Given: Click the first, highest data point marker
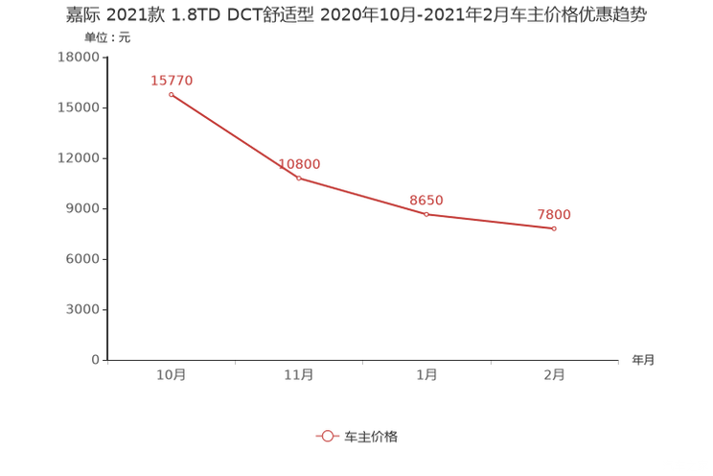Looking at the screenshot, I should click(x=171, y=94).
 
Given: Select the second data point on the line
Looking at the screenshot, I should click(x=299, y=178).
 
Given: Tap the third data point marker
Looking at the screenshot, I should click(x=426, y=214).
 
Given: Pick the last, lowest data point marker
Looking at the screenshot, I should click(x=555, y=227).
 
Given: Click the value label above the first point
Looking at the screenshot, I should click(x=172, y=80).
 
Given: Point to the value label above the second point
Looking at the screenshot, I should click(x=300, y=164).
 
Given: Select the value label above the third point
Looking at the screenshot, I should click(x=426, y=200).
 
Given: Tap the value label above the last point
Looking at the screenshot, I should click(x=554, y=213).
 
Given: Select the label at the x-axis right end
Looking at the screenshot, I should click(x=643, y=361).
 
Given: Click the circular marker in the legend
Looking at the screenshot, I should click(x=328, y=436).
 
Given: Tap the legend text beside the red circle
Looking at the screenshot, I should click(x=371, y=436).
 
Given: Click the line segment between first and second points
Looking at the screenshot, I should click(x=235, y=136).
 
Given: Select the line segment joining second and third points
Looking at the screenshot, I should click(x=362, y=197).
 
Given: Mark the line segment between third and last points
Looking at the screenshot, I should click(x=491, y=221).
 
